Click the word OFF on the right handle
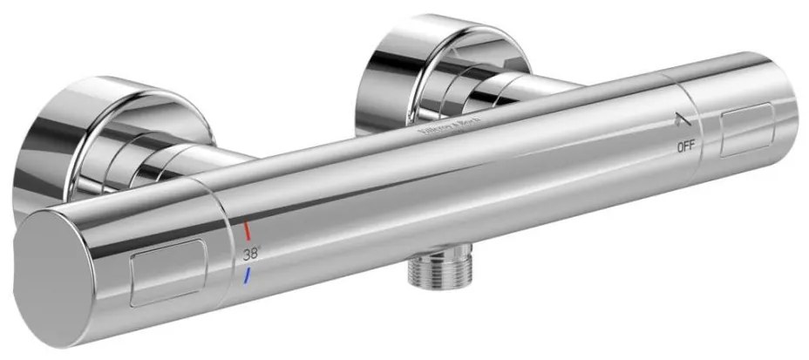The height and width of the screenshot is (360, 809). coord(685,146)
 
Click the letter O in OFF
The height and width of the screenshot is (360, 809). coord(678,146)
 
